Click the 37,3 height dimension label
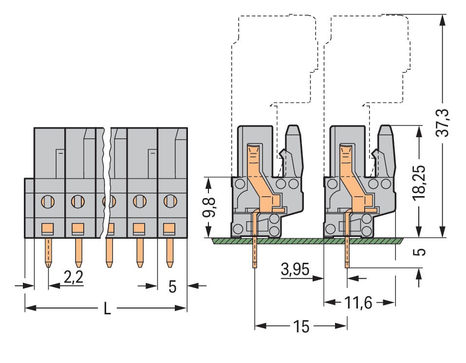tap(445, 123)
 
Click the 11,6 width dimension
tap(359, 303)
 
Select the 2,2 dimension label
tap(74, 277)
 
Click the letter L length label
tap(107, 309)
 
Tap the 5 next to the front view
tap(172, 287)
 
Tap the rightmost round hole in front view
tap(169, 200)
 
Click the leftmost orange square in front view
tap(48, 227)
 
